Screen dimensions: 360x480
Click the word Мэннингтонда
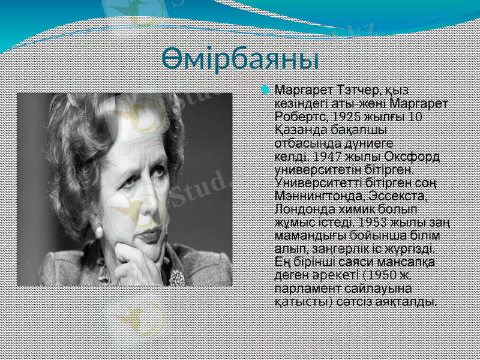pos(317,196)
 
